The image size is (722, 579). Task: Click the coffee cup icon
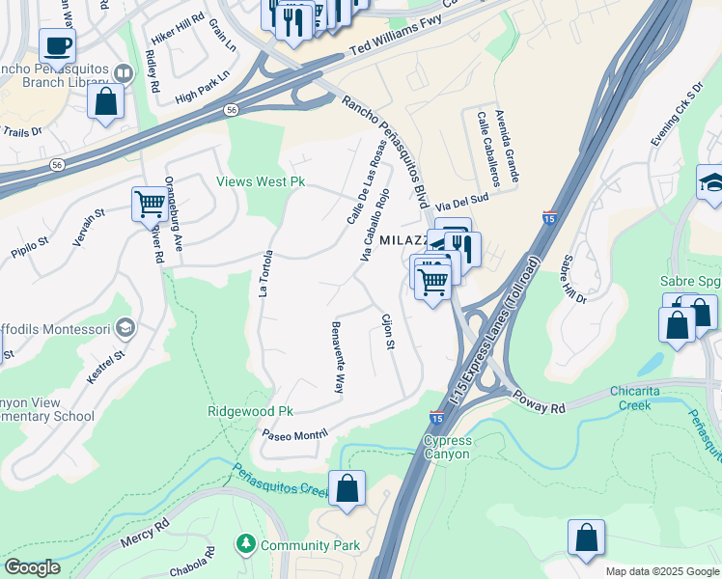point(58,45)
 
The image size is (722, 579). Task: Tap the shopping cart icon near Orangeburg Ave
point(150,205)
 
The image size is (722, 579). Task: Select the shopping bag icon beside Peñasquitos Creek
point(347,488)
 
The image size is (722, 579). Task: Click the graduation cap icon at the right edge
point(712,183)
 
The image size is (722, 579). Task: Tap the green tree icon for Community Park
point(246,545)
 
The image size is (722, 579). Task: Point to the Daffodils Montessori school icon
point(125,329)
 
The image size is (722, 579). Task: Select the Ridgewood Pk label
point(250,411)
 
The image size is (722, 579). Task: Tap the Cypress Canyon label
point(447,447)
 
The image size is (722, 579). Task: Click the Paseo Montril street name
point(302,435)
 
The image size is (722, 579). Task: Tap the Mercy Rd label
point(146,535)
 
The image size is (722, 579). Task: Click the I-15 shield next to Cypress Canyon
point(436,419)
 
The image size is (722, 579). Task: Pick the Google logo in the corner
point(32,567)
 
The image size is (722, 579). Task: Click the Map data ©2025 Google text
point(662,571)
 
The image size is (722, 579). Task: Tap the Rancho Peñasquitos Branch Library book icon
point(124,73)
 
